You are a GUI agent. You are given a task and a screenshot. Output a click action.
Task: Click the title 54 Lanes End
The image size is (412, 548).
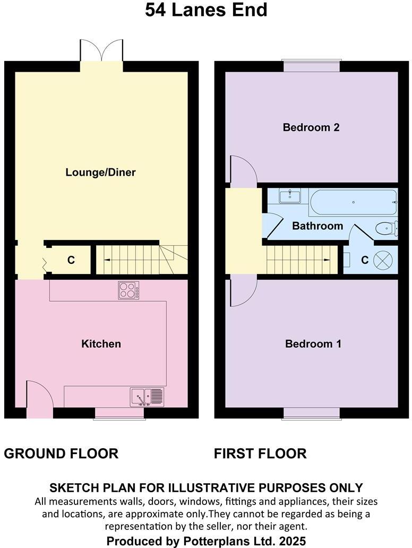pyautogui.click(x=206, y=10)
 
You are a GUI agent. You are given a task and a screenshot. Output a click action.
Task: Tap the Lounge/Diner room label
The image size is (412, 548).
pyautogui.click(x=100, y=172)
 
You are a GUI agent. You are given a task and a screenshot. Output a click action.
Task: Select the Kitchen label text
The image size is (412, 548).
pyautogui.click(x=101, y=344)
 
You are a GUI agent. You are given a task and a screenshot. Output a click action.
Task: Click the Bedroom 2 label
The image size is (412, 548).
pyautogui.click(x=311, y=127)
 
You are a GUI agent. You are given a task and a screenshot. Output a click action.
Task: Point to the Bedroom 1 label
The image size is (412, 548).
pyautogui.click(x=313, y=344)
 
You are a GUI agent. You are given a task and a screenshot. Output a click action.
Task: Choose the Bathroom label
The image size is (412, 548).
pyautogui.click(x=317, y=226)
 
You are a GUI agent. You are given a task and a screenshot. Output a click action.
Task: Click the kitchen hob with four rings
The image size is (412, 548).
pyautogui.click(x=128, y=290)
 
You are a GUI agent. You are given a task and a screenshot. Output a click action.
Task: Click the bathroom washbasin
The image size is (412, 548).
pyautogui.click(x=290, y=195)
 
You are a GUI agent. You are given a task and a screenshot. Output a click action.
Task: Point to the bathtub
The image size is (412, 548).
pyautogui.click(x=353, y=202)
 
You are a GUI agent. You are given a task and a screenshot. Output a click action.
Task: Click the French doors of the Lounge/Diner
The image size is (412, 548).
pyautogui.click(x=101, y=51)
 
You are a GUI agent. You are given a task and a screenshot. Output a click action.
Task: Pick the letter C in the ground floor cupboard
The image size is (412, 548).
pyautogui.click(x=71, y=260)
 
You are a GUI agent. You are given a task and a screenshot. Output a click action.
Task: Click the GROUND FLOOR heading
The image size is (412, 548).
pyautogui.click(x=61, y=453)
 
